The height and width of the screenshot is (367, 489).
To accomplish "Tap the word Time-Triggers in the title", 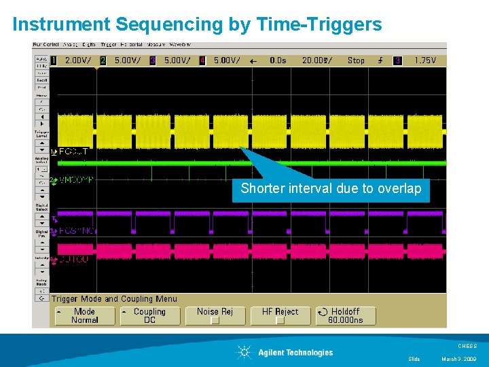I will point(319,25).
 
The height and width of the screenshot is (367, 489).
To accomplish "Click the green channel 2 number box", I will point(103,60).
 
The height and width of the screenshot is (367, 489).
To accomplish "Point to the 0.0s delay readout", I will point(278,60).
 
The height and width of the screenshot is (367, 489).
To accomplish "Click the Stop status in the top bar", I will point(356,60).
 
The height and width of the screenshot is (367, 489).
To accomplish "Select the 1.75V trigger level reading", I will point(425,60).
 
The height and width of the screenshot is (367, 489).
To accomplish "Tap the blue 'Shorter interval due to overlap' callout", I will point(331,188).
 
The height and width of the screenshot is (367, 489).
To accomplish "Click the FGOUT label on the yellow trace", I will point(73,152).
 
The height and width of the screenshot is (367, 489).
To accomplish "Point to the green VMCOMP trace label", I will point(75,180).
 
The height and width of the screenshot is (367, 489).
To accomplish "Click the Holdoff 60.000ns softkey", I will point(345,316).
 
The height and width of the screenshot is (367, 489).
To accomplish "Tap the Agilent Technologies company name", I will point(295,352).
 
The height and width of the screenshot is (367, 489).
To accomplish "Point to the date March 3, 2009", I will point(460,359).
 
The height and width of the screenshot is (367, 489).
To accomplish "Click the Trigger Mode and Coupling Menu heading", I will point(115,299).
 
